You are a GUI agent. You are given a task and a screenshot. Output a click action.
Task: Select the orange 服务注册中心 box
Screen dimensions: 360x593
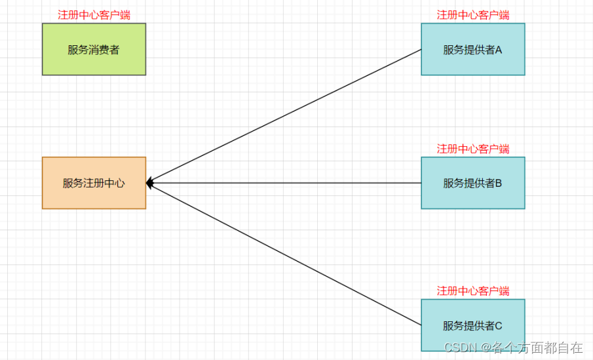click(x=94, y=197)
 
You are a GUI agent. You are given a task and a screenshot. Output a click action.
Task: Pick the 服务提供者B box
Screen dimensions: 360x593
click(x=472, y=197)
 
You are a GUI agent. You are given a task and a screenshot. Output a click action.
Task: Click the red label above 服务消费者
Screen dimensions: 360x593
click(x=94, y=15)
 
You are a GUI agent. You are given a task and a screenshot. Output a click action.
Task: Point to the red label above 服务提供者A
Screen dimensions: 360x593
click(x=472, y=15)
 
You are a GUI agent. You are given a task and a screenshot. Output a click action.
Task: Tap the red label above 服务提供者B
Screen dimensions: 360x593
click(x=472, y=149)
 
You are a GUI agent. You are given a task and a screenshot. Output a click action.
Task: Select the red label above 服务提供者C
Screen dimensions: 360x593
click(x=472, y=290)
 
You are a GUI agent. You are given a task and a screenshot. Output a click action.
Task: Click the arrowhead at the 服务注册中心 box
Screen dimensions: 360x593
click(x=149, y=183)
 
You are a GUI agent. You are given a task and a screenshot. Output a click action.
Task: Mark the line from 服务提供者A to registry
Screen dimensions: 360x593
click(x=285, y=116)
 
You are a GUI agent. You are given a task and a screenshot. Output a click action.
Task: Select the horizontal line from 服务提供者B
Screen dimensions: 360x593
click(x=285, y=183)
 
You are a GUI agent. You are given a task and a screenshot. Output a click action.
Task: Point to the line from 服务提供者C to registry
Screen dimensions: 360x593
click(x=285, y=254)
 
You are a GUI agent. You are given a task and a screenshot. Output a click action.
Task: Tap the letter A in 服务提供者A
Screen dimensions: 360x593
click(x=498, y=50)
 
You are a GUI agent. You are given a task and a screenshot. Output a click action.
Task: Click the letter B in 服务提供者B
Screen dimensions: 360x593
click(x=498, y=184)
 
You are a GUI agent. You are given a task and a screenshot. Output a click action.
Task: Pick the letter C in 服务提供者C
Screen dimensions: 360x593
click(x=498, y=325)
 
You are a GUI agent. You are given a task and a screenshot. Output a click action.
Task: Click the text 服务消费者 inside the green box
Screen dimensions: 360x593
click(x=94, y=50)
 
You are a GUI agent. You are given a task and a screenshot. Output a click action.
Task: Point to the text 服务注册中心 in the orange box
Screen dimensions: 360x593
click(x=94, y=184)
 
